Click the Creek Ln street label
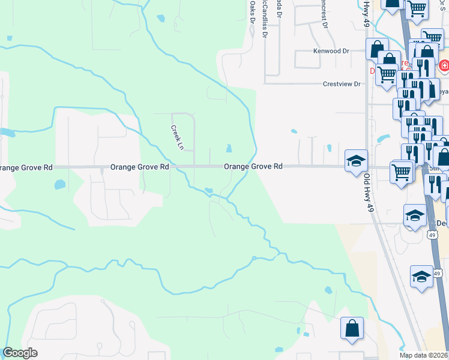point(176,137)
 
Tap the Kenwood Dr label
point(331,52)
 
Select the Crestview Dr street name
point(341,85)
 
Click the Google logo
point(20,353)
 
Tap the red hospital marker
point(444,65)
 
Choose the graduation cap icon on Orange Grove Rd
point(355,160)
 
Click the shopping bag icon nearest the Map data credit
point(352,328)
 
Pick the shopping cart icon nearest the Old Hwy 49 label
point(400,172)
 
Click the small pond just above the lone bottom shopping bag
point(328,290)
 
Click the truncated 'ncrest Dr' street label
point(324,17)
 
